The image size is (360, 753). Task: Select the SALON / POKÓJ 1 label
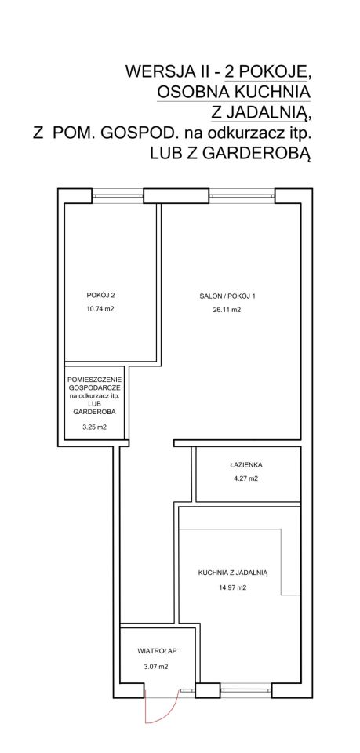pyautogui.click(x=227, y=296)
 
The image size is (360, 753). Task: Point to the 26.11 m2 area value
pyautogui.click(x=227, y=310)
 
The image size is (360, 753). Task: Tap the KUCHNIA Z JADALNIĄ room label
pyautogui.click(x=232, y=573)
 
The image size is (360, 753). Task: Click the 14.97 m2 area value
pyautogui.click(x=232, y=587)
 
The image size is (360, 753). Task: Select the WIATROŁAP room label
pyautogui.click(x=158, y=651)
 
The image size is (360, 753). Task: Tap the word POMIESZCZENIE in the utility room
pyautogui.click(x=94, y=380)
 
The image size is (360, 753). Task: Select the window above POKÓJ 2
pyautogui.click(x=118, y=195)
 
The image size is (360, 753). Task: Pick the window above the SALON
pyautogui.click(x=242, y=195)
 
